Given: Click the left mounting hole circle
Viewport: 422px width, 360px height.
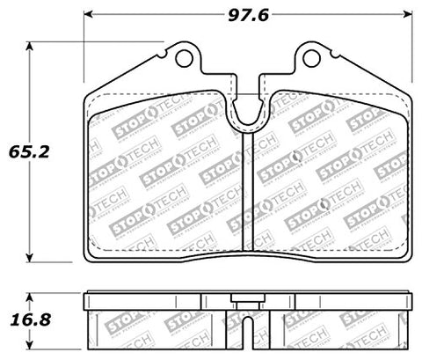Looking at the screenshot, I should tap(185, 59).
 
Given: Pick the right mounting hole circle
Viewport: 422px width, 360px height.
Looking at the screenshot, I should tap(312, 59).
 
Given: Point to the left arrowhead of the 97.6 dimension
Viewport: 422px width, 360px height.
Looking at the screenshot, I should tap(88, 14).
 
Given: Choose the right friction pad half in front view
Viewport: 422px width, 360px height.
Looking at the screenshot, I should tap(330, 176).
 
